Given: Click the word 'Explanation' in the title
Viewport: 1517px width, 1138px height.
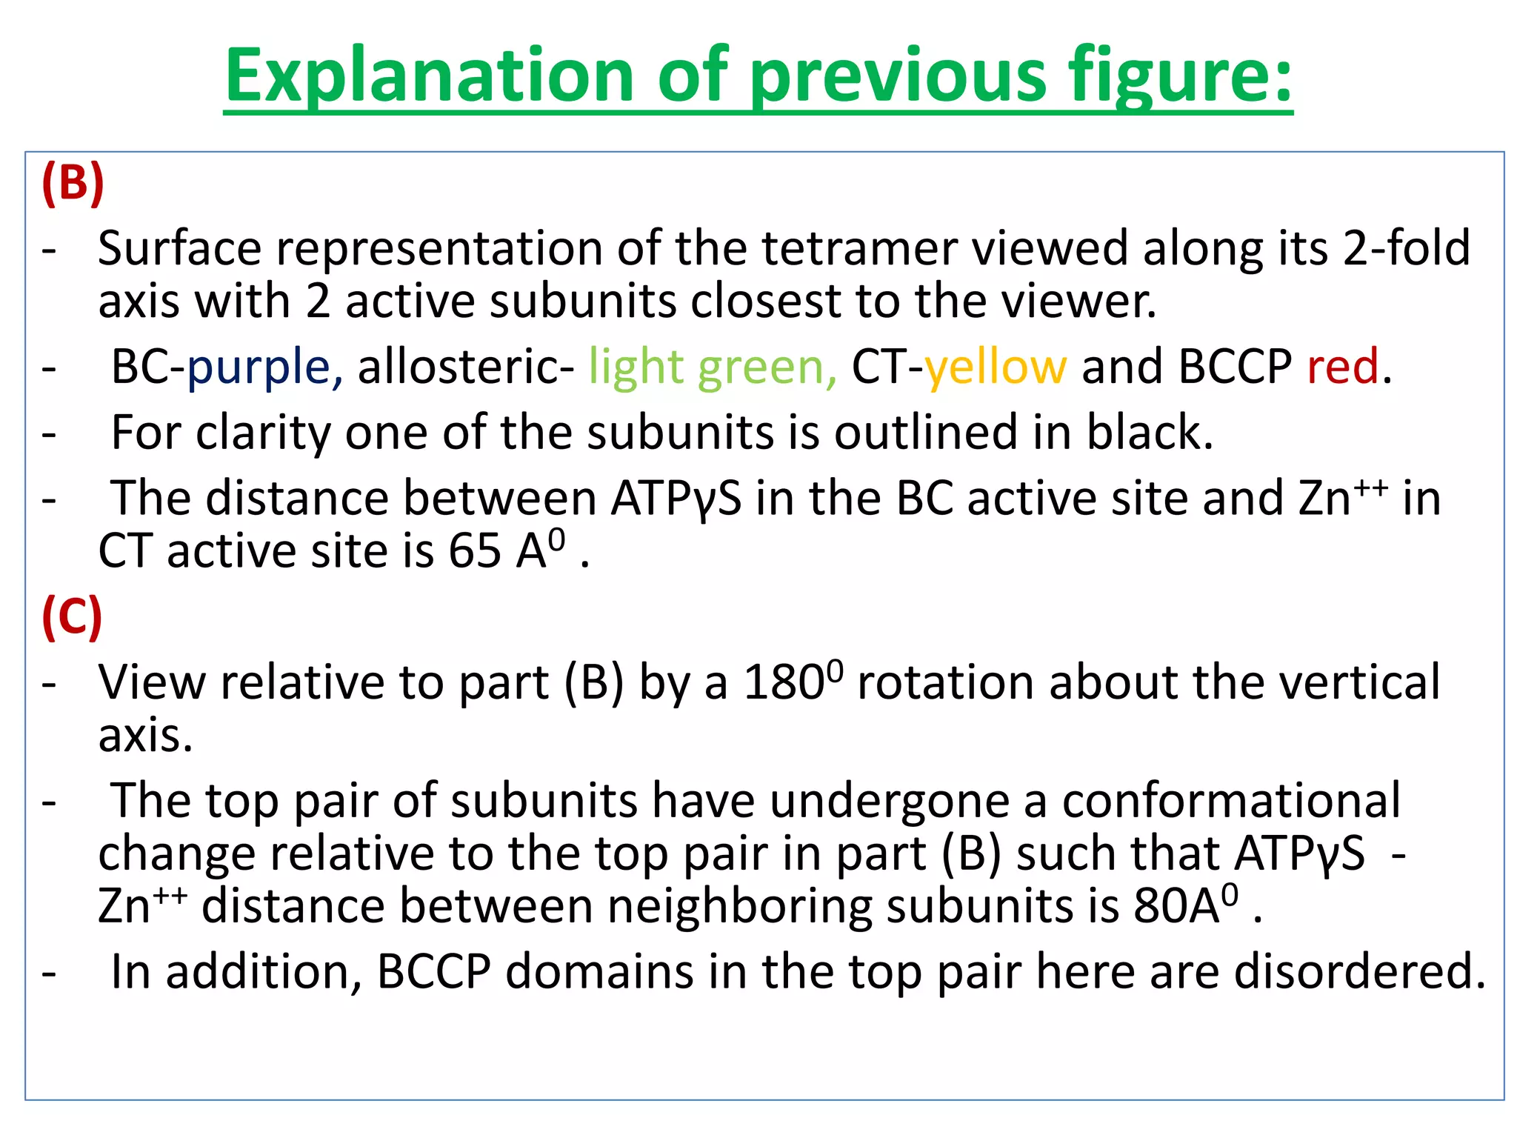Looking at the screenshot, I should (x=430, y=76).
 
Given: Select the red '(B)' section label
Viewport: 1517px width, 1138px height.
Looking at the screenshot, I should (x=73, y=183).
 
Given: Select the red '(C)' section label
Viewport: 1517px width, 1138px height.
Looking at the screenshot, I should (x=72, y=617).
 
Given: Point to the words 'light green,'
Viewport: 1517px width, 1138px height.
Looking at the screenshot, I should (x=713, y=367).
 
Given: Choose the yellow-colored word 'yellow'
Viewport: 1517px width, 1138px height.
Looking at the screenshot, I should (x=996, y=367).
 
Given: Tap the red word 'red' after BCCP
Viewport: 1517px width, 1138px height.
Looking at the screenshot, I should (x=1342, y=367).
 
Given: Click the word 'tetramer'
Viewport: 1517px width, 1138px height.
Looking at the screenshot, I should (x=859, y=248).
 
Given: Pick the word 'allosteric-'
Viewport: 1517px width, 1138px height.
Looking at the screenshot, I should (x=466, y=367).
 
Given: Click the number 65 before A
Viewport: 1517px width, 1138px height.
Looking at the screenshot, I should (x=474, y=552).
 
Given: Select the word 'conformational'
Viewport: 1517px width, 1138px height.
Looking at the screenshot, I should (x=1231, y=801).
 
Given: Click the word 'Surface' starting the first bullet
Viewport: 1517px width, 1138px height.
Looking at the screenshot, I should (x=179, y=248).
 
